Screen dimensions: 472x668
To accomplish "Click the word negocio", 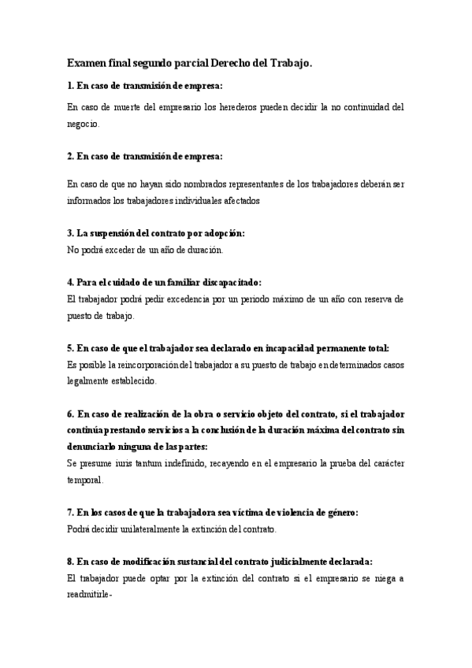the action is tap(84, 124).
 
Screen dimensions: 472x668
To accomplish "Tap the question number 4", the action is tap(70, 282).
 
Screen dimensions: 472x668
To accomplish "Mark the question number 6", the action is tap(70, 414).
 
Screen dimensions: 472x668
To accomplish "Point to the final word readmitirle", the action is tap(90, 596).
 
